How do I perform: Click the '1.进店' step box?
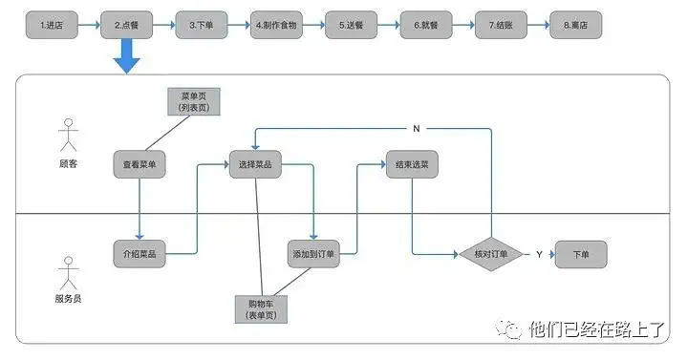[51, 25]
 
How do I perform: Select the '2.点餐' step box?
[126, 25]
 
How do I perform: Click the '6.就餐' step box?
[426, 25]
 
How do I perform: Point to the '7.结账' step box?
[501, 25]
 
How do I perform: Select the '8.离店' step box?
[576, 25]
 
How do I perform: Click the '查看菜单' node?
[140, 165]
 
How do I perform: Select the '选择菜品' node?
[254, 165]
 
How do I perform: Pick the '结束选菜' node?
[412, 165]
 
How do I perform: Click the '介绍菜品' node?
[140, 254]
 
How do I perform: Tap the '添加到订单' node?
[313, 254]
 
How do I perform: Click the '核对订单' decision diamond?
[490, 254]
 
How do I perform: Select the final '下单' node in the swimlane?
[581, 254]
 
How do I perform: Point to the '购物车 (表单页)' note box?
[261, 309]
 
